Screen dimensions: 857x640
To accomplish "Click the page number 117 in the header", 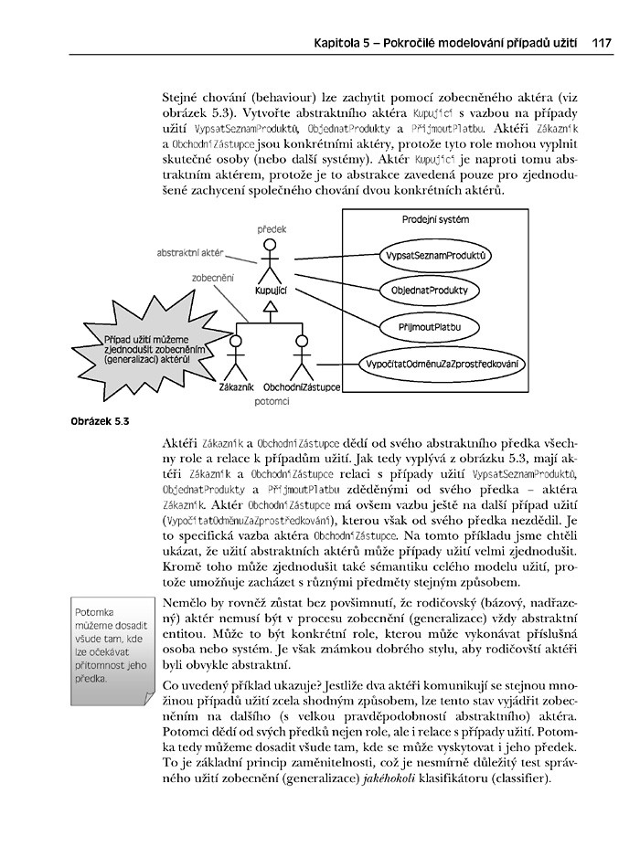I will pos(601,42).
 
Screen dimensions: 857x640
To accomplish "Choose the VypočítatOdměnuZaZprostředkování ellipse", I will pos(442,364).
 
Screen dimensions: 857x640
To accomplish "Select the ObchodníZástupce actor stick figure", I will pos(301,358).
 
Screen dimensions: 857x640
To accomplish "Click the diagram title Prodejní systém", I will pos(435,220).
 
